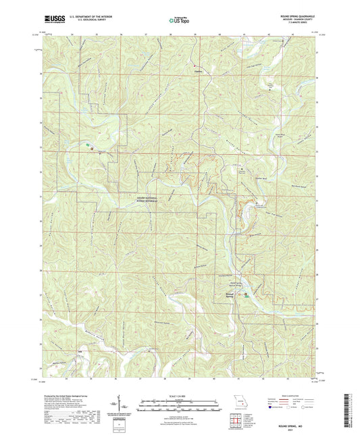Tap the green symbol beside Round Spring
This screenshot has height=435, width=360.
pos(246,295)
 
